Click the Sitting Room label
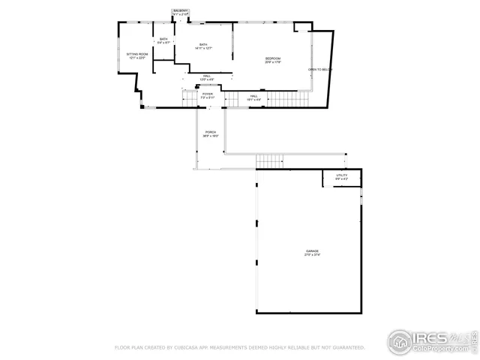coord(136,54)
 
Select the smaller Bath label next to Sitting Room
coord(163,39)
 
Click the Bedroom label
coord(273,58)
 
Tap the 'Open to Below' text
coord(320,70)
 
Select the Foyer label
coord(207,94)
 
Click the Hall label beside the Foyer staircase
coord(254,96)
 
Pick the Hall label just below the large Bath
coord(206,76)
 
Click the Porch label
coord(211,133)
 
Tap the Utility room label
coord(341,175)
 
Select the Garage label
coord(311,250)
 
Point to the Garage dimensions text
coord(311,255)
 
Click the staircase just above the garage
coord(269,160)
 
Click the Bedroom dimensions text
coord(273,62)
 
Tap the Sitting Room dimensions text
coord(136,58)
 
